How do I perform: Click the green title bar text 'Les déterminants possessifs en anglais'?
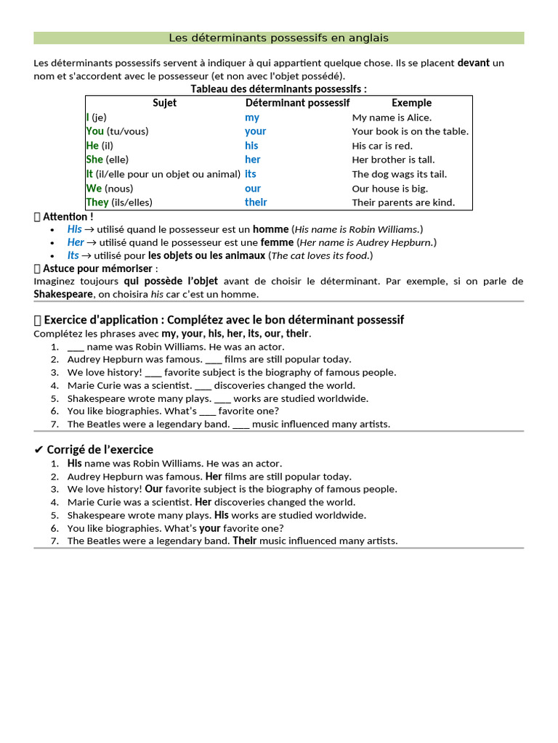coord(278,38)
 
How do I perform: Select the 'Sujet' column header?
coord(164,103)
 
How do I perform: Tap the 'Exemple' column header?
coord(411,103)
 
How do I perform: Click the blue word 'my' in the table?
coord(252,118)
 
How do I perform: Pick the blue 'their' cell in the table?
coord(256,202)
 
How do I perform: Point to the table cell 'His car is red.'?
coord(382,146)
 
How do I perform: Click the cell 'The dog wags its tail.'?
coord(400,174)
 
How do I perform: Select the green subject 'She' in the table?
coord(94,160)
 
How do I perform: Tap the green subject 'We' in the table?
coord(94,189)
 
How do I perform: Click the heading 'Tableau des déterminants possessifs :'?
coord(278,89)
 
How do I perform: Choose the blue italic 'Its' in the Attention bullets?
coord(73,255)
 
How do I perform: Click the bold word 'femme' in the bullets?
coord(277,242)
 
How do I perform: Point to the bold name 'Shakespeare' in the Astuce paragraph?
coord(63,294)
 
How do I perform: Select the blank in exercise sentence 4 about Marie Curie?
coord(203,385)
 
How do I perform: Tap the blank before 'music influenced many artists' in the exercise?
coord(241,424)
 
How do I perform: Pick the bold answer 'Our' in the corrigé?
coord(153,489)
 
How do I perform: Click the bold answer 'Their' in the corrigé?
coord(245,541)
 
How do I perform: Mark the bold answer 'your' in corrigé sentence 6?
coord(210,528)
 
